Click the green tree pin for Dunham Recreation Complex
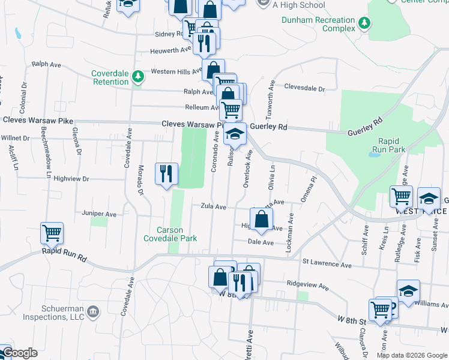(364, 24)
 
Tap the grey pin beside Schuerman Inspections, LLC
(93, 311)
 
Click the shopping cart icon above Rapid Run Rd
(52, 232)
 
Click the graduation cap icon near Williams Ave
(408, 292)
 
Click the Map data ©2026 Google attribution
(412, 355)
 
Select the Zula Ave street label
(213, 207)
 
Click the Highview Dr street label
(71, 179)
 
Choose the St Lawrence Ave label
(327, 263)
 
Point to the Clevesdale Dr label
(304, 88)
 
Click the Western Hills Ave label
(176, 71)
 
